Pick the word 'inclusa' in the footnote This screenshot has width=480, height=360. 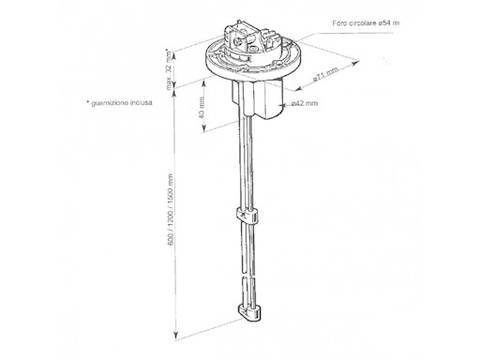point(139,103)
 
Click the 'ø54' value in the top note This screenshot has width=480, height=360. point(397,21)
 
